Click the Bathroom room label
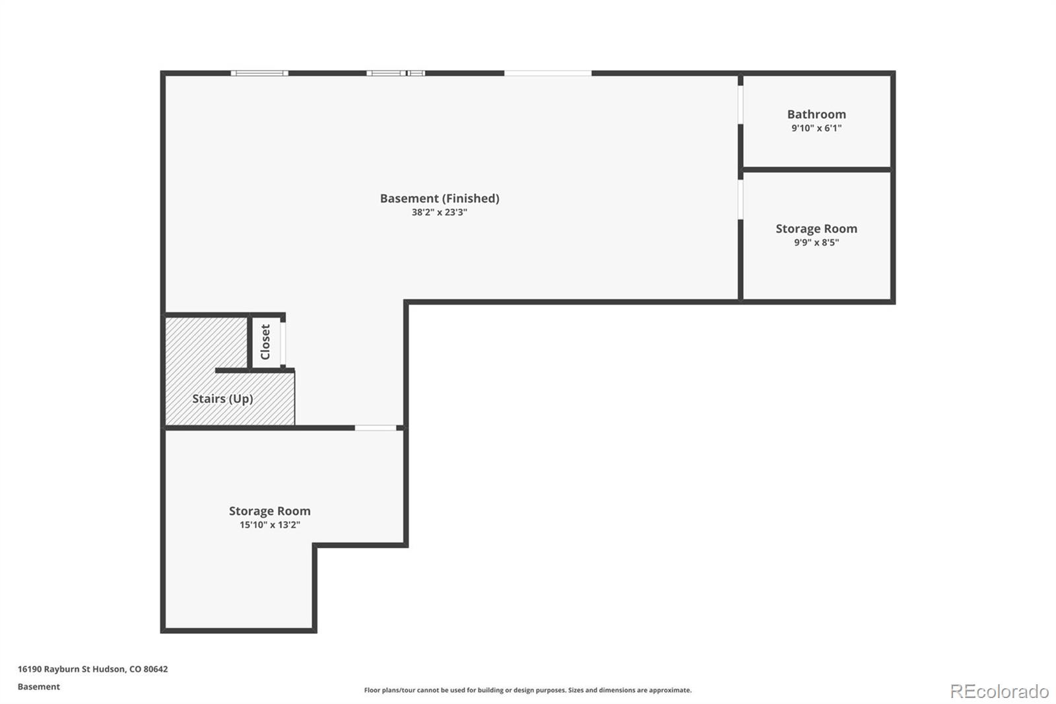(x=816, y=114)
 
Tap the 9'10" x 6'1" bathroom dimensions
(x=816, y=128)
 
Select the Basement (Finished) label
(x=440, y=198)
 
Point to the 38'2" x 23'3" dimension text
(x=440, y=213)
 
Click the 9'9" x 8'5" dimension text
(x=816, y=242)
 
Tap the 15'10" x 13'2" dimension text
(x=270, y=524)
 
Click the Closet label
(x=265, y=341)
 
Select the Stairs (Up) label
(x=222, y=399)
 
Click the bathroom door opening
(x=741, y=105)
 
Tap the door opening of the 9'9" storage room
(x=741, y=199)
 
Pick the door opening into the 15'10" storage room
(x=376, y=428)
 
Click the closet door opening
(x=283, y=343)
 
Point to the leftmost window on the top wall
(x=259, y=73)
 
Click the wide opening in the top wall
(x=548, y=73)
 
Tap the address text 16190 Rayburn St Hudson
(x=72, y=669)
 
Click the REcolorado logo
(x=999, y=691)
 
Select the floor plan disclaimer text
(x=527, y=690)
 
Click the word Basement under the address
(x=39, y=687)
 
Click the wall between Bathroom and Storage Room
(x=816, y=169)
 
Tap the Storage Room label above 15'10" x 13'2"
(x=270, y=511)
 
